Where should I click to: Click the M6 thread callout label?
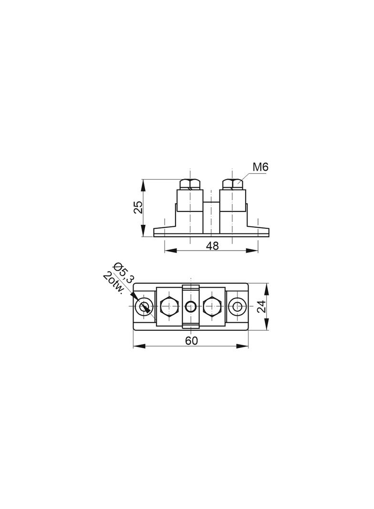click(260, 168)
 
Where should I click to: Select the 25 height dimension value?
click(138, 207)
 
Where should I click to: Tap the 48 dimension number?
click(212, 246)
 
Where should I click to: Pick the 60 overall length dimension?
click(191, 341)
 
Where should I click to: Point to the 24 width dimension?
click(261, 306)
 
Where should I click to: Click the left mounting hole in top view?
click(144, 306)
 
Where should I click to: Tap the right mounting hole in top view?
click(237, 306)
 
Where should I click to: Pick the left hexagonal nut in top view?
click(169, 306)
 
